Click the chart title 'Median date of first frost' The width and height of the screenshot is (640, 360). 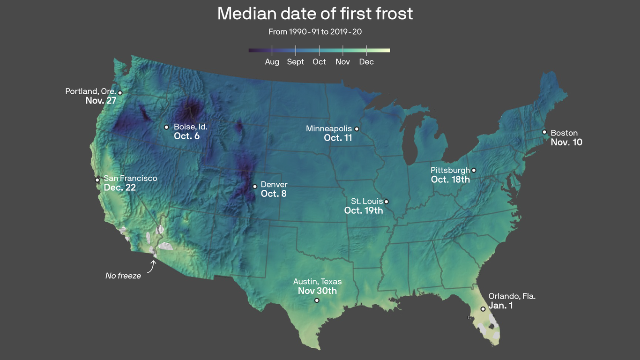tap(315, 14)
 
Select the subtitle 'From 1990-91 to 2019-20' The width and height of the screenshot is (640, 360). tap(315, 32)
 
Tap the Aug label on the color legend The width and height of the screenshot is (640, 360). tap(272, 62)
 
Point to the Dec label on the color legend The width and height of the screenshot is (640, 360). tap(366, 62)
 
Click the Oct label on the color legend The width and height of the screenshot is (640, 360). tap(319, 62)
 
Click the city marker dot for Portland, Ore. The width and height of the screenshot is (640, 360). tap(120, 93)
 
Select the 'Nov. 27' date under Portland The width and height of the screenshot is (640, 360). tap(101, 100)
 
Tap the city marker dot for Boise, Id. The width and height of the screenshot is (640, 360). tap(166, 127)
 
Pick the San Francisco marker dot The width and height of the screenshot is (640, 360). tap(97, 180)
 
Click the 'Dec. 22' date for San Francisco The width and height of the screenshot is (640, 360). tap(120, 187)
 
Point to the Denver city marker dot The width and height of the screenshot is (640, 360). tap(255, 186)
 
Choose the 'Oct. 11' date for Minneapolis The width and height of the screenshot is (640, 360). tap(338, 138)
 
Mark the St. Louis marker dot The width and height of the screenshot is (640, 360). tap(386, 202)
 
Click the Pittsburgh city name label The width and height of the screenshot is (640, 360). tap(450, 170)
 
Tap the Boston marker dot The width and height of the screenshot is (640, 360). tap(544, 132)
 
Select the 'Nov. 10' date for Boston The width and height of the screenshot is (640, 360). tap(566, 142)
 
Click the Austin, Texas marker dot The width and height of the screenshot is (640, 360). tap(317, 300)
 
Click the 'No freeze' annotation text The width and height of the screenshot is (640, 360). tap(123, 276)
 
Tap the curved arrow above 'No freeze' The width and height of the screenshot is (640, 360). tap(152, 266)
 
